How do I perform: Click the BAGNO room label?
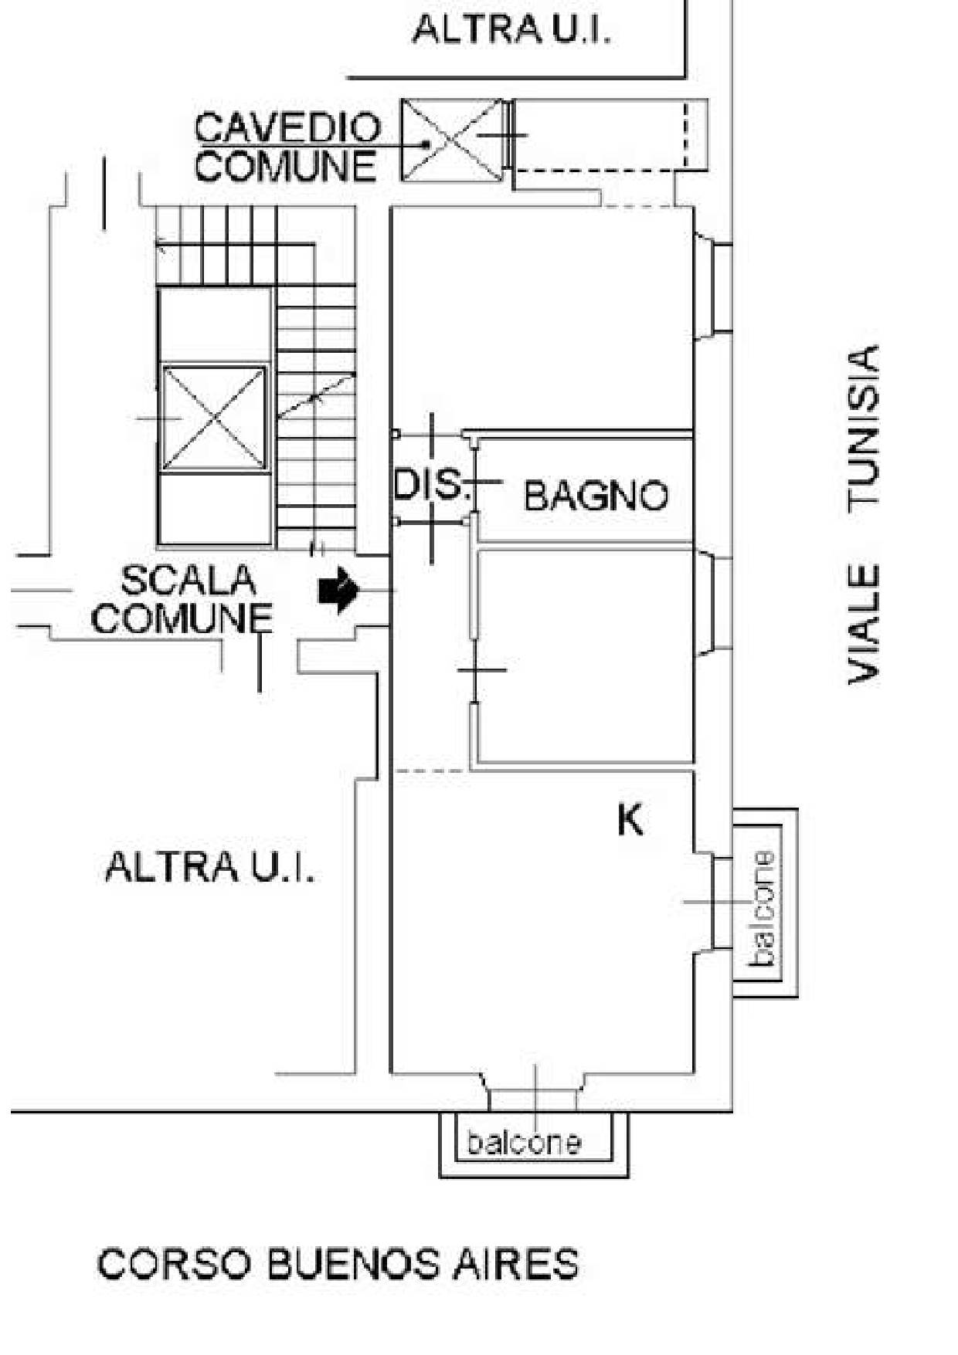(x=596, y=496)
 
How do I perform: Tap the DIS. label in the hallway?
(x=431, y=485)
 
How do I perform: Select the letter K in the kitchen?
(x=630, y=820)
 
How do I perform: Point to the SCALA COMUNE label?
(x=183, y=600)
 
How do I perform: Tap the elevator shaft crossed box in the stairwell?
(x=214, y=418)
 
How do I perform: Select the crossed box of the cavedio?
(x=452, y=141)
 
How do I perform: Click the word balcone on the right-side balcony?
(x=762, y=908)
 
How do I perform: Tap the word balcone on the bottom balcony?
(x=524, y=1142)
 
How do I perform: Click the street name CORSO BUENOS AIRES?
(x=338, y=1264)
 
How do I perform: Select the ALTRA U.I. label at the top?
(x=511, y=29)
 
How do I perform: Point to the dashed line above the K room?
(x=431, y=771)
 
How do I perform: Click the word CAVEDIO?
(x=287, y=128)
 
